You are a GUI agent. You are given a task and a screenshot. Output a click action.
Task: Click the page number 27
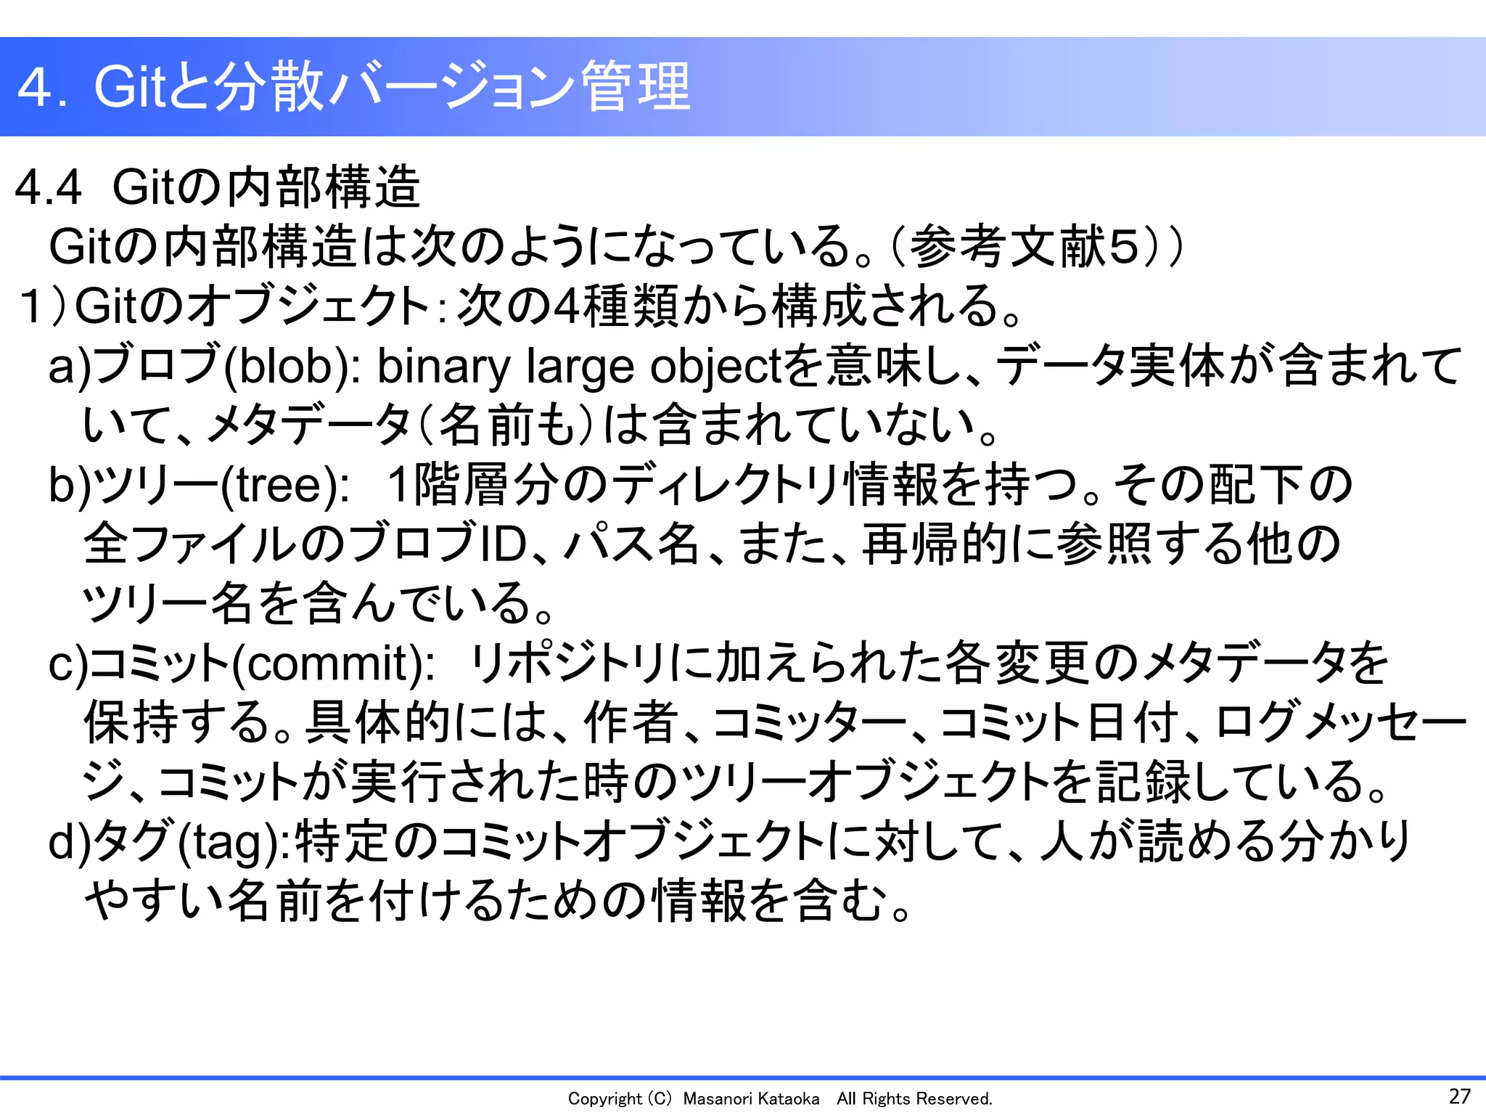pos(1460,1096)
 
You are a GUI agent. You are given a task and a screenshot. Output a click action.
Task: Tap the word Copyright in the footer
pos(604,1099)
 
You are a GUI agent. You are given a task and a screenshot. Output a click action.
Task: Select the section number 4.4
pos(48,187)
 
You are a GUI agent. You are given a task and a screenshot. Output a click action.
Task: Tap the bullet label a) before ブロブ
pos(70,367)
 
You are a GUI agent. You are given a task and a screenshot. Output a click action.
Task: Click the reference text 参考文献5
pos(1023,247)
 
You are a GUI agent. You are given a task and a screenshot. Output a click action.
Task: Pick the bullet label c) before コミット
pos(67,663)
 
